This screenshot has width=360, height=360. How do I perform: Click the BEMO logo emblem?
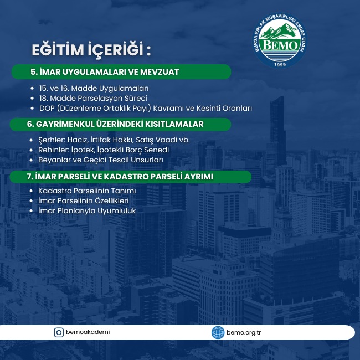coord(280,40)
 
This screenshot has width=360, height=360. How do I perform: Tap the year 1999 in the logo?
coord(280,64)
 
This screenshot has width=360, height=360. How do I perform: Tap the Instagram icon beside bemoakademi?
coord(59,332)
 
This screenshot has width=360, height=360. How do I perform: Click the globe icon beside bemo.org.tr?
coord(218,332)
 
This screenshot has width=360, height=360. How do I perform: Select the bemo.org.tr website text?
coord(244,333)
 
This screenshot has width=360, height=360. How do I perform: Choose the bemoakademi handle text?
coord(88,332)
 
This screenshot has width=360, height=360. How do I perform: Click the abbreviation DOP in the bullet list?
coord(47,108)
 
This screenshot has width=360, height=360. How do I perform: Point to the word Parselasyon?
coord(100,99)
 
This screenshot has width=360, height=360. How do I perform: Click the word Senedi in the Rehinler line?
coord(158,150)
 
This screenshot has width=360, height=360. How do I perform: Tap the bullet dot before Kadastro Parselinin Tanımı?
coord(31,191)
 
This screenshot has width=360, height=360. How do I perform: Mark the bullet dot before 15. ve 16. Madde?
coord(32,88)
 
